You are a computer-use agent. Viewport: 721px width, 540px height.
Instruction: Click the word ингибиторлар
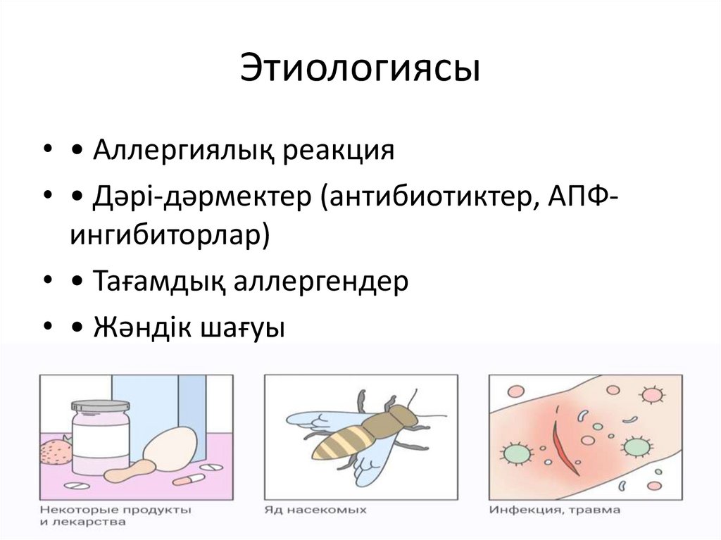168,235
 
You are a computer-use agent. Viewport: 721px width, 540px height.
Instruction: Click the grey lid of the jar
100,406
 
